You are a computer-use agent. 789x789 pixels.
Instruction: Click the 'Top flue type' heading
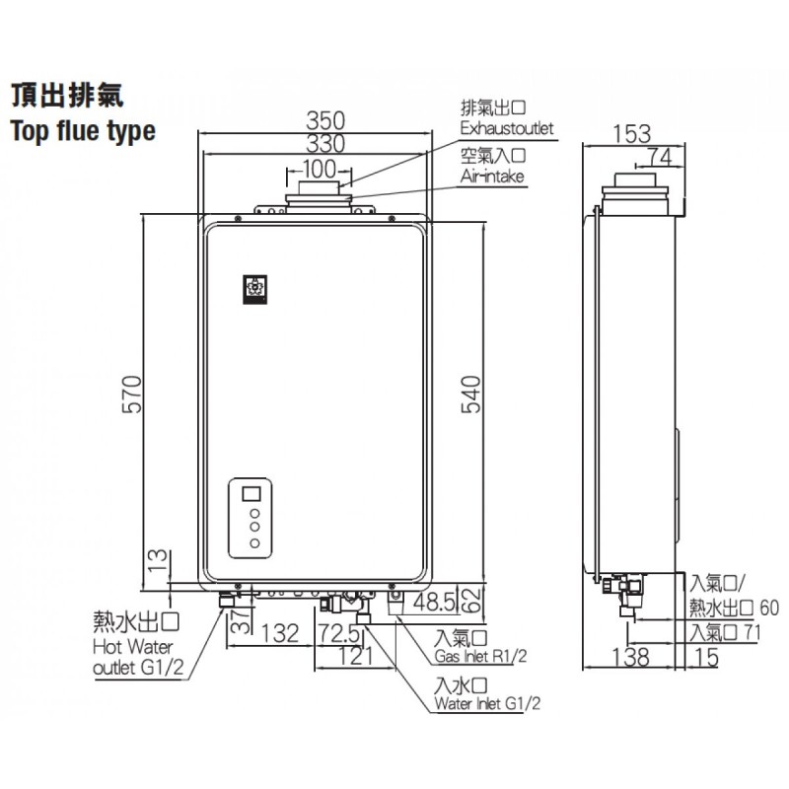[x=83, y=131]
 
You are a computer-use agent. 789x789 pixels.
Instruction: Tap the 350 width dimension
[x=326, y=120]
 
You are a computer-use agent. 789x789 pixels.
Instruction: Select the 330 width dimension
[x=326, y=143]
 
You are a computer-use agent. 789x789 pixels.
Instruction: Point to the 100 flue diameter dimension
[x=319, y=169]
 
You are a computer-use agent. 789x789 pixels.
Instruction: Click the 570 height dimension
[x=132, y=394]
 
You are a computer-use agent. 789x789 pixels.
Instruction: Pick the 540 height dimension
[x=471, y=394]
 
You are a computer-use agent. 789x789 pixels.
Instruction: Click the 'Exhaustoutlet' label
[x=507, y=128]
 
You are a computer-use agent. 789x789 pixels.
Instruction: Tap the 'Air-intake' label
[x=492, y=177]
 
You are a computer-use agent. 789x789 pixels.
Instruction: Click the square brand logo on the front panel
[x=255, y=289]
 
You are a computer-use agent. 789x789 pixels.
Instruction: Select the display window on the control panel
[x=251, y=493]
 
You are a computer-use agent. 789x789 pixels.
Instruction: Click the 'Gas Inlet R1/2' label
[x=480, y=656]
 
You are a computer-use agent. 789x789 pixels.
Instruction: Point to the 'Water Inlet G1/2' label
[x=487, y=703]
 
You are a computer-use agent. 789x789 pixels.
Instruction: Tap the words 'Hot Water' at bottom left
[x=133, y=647]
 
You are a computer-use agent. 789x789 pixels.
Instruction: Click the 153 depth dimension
[x=631, y=134]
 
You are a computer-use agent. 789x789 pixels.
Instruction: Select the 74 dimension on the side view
[x=659, y=157]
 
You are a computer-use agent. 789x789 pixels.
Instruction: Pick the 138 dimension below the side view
[x=631, y=657]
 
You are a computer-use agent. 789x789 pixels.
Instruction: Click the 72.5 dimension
[x=338, y=633]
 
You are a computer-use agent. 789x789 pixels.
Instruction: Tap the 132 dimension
[x=280, y=633]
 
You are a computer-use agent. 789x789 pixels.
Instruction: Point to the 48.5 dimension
[x=434, y=602]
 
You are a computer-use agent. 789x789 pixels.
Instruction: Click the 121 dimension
[x=355, y=656]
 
